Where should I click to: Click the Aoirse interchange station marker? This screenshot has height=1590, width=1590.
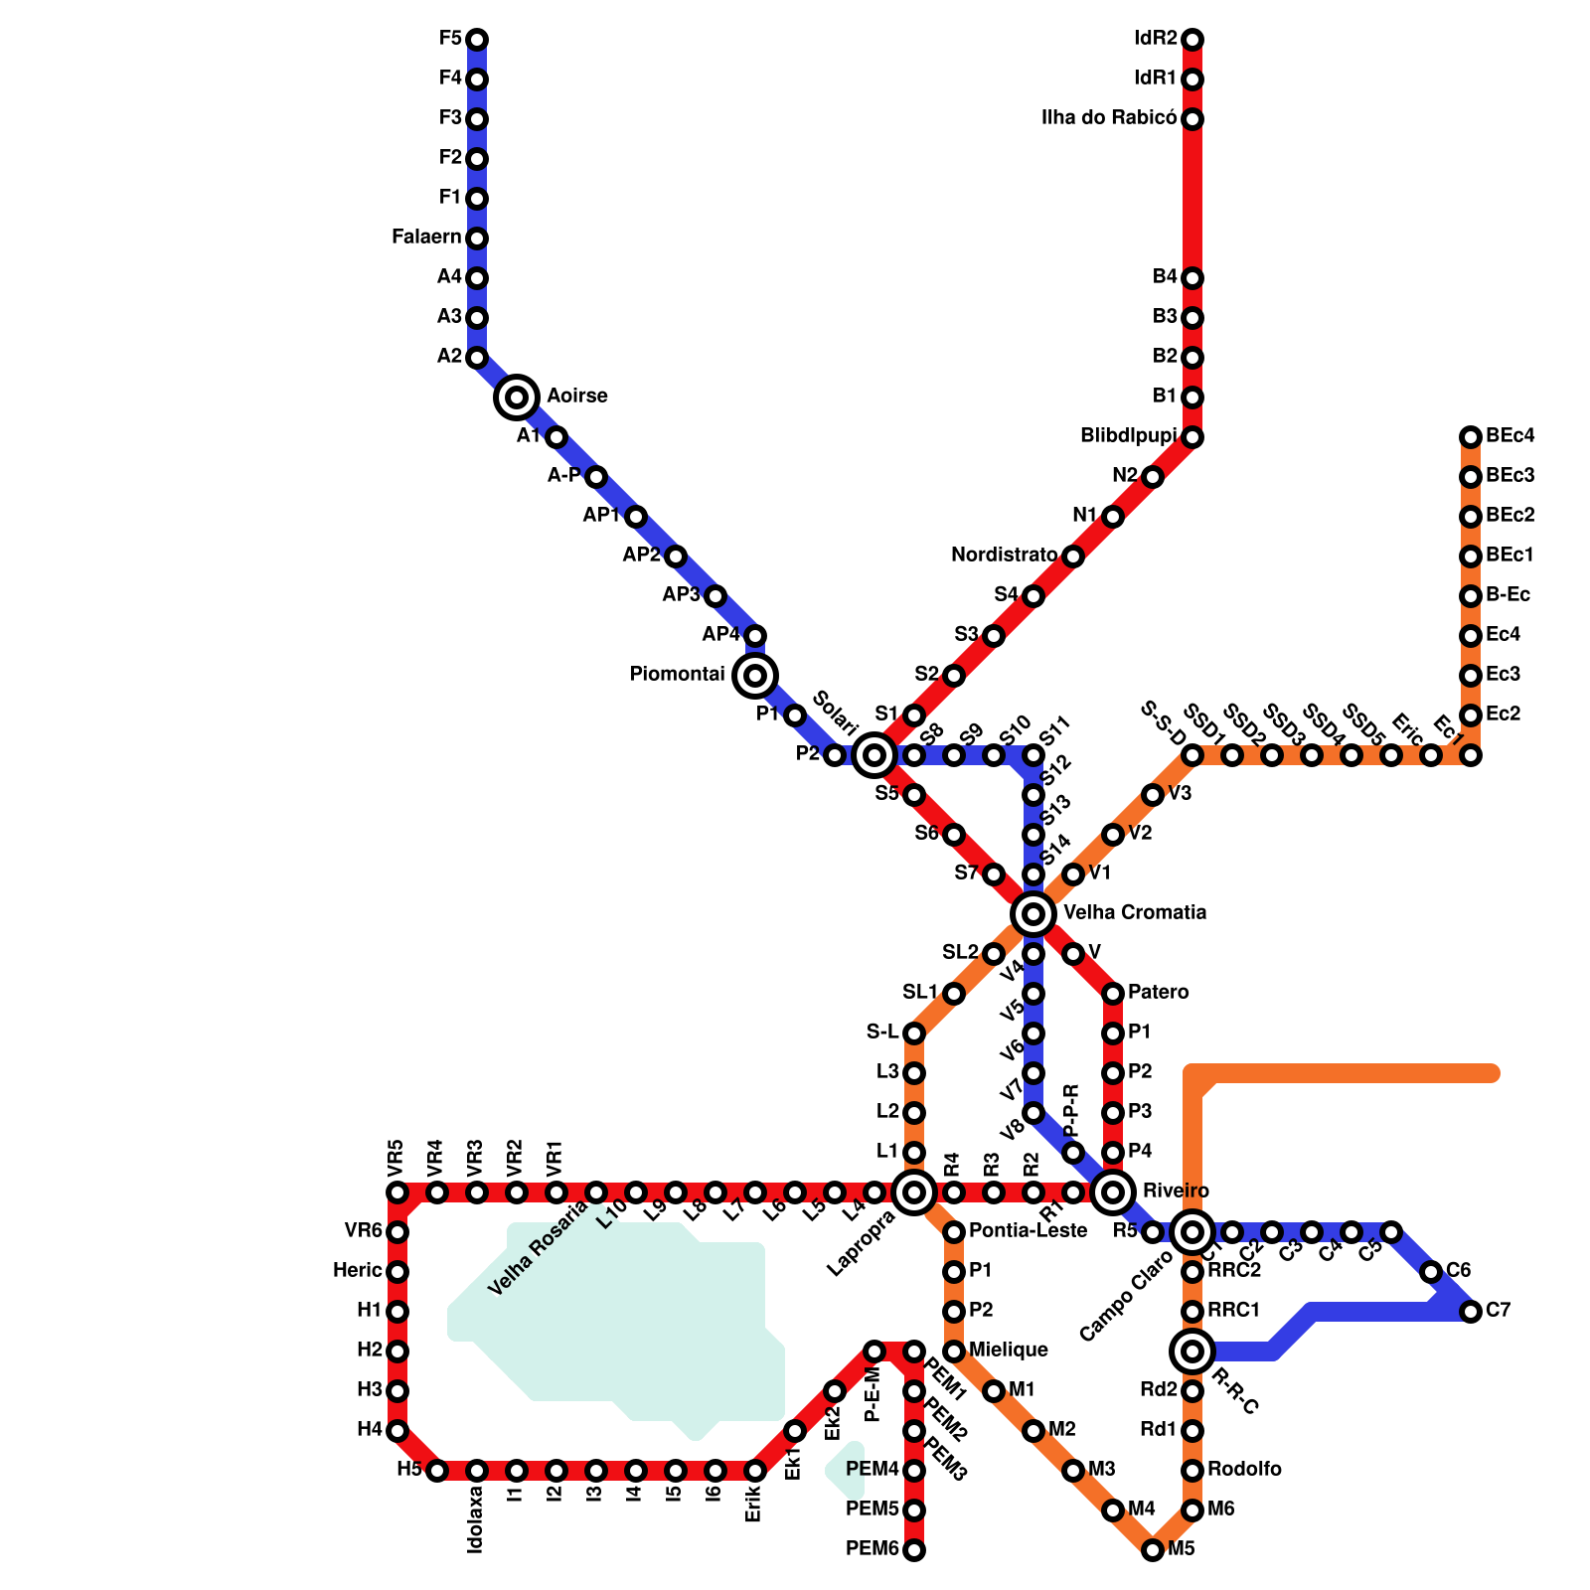pos(517,397)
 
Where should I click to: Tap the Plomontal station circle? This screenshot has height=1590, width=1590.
pos(755,676)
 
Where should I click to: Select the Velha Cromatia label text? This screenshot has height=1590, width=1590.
pos(1135,912)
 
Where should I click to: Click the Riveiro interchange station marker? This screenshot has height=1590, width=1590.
pos(1113,1192)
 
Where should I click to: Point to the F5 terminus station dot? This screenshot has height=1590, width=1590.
pos(477,40)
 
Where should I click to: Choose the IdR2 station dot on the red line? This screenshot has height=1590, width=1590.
pos(1192,40)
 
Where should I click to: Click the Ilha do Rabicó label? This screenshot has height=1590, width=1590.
pos(1108,118)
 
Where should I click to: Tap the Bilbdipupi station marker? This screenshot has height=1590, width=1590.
pos(1192,437)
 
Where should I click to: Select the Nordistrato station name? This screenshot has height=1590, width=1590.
pos(1004,555)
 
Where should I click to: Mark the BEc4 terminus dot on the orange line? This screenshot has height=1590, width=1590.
pos(1471,437)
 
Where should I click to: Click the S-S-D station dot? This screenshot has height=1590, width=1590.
pos(1192,755)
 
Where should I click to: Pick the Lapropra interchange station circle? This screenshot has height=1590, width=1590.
pos(914,1192)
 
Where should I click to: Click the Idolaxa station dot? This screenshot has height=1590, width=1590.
pos(477,1471)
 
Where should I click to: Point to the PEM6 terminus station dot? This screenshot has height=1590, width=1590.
pos(914,1550)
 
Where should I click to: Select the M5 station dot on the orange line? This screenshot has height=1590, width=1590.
pos(1153,1550)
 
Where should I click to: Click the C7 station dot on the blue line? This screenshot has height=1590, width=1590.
pos(1471,1312)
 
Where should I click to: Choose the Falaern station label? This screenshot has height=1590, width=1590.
pos(426,238)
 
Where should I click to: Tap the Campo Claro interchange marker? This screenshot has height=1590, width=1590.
pos(1192,1232)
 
